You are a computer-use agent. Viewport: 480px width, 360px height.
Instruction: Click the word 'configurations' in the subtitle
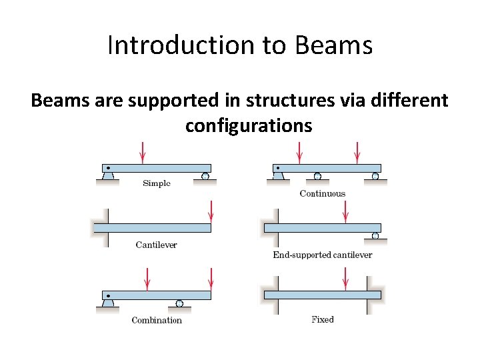pos(249,125)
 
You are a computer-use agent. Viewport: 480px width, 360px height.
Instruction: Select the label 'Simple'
pos(157,183)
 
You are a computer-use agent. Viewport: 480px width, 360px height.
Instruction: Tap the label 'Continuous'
pos(323,193)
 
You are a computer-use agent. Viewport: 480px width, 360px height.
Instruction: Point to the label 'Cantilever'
pos(156,245)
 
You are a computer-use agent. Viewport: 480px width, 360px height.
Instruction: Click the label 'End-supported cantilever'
pos(323,255)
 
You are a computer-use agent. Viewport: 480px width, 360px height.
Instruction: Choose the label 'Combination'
pos(157,320)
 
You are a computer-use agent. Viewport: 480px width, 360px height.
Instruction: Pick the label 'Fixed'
pos(323,319)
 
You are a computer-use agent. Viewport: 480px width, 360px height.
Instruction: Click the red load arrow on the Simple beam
pos(143,153)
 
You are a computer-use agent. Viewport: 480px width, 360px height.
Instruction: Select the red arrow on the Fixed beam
pos(345,279)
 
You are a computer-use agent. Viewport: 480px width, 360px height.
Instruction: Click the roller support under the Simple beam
pos(205,176)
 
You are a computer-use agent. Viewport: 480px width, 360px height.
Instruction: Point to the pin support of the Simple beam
pos(108,175)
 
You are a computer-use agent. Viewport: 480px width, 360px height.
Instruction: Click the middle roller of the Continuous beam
pos(317,176)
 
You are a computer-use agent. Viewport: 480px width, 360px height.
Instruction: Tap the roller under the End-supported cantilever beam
pos(375,236)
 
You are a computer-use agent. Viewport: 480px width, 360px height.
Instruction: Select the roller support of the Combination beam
pos(179,303)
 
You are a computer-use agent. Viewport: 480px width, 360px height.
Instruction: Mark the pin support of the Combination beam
pos(108,302)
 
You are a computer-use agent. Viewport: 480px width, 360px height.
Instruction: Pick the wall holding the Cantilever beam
pos(105,228)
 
